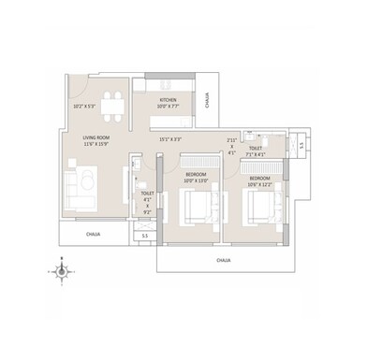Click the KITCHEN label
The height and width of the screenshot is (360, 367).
coord(169,99)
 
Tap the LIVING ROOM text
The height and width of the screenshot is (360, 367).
coord(98,137)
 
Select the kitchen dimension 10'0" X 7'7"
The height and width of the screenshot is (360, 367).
coord(169,107)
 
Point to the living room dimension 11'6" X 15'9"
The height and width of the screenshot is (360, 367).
coord(98,144)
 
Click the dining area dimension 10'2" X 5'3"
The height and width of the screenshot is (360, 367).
coord(84,107)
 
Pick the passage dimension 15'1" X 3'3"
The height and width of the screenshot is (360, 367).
coord(170,139)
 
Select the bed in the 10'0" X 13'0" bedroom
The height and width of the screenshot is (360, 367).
coord(198,203)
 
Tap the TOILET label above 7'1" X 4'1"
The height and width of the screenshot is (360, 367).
coord(255,148)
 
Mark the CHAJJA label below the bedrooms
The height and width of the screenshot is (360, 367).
coord(223,259)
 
